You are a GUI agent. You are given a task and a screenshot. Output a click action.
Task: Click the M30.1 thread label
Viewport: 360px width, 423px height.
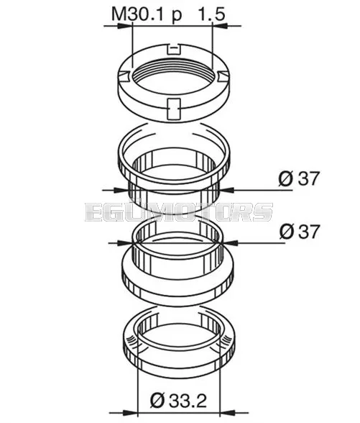pyautogui.click(x=137, y=14)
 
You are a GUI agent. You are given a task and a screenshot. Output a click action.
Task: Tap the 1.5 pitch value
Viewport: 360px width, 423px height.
pyautogui.click(x=211, y=14)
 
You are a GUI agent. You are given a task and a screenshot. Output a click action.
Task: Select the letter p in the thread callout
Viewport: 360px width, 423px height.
pyautogui.click(x=177, y=16)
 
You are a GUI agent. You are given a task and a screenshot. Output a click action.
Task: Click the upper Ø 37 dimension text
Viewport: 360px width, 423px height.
pyautogui.click(x=299, y=178)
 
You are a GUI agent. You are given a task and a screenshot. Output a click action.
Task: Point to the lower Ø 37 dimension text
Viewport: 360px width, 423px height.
pyautogui.click(x=299, y=231)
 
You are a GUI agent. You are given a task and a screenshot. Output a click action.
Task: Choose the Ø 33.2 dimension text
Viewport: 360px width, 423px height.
pyautogui.click(x=179, y=401)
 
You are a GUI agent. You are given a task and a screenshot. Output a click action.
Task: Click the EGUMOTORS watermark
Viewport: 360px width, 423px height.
pyautogui.click(x=179, y=211)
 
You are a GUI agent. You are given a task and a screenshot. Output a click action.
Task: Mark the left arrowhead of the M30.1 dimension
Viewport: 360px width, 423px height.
pyautogui.click(x=126, y=26)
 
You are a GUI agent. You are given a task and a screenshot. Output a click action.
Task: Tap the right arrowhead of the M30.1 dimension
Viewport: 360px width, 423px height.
pyautogui.click(x=221, y=26)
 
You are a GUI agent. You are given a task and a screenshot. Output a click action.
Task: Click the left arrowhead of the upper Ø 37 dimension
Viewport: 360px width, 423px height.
pyautogui.click(x=121, y=190)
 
